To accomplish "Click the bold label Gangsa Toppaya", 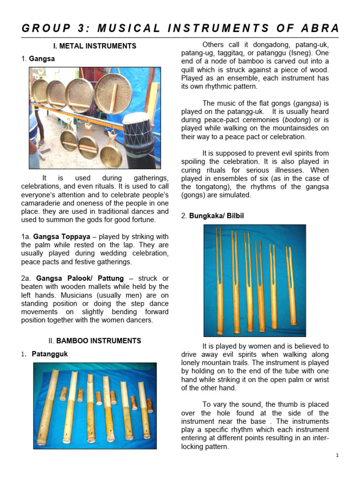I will point(60,236).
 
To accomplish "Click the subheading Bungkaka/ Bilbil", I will point(216,216).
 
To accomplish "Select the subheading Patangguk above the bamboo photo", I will point(49,354).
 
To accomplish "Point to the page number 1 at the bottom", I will point(337,455).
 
